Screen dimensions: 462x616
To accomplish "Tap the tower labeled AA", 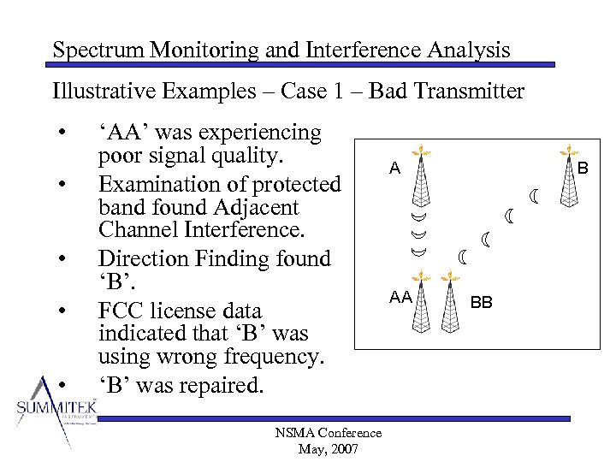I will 420,300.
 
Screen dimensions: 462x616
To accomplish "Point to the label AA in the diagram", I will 400,297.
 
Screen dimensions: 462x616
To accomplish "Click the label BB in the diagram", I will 482,302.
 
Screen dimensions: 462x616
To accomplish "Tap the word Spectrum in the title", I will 98,50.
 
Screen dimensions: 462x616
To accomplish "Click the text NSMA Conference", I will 329,434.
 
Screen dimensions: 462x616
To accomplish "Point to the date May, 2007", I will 329,449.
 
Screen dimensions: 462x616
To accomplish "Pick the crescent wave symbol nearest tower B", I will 535,198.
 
